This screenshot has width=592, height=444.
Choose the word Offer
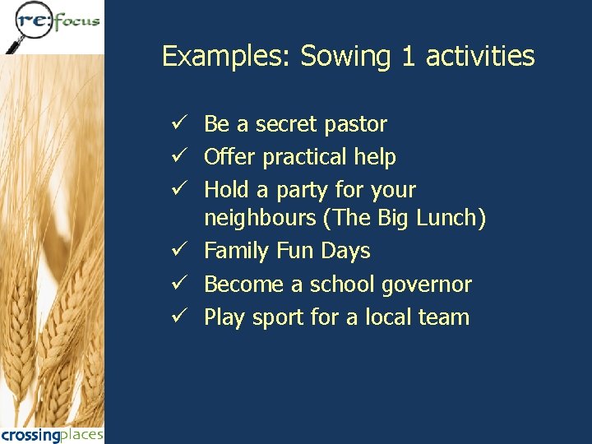(229, 156)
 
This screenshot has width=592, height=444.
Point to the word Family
(236, 251)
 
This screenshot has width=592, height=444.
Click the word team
(444, 317)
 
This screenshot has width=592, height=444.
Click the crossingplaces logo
(52, 434)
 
